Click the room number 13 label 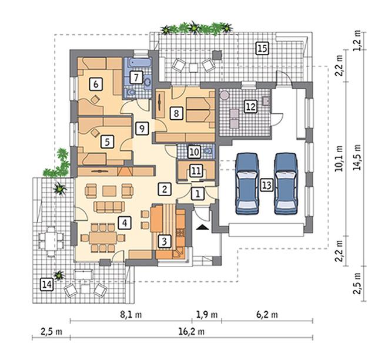pyautogui.click(x=266, y=185)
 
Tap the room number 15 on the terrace pyautogui.click(x=262, y=48)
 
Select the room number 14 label pyautogui.click(x=46, y=285)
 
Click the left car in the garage pyautogui.click(x=247, y=183)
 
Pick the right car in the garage pyautogui.click(x=286, y=183)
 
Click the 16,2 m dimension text pyautogui.click(x=191, y=331)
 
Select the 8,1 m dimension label pyautogui.click(x=131, y=315)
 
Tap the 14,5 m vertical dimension pyautogui.click(x=357, y=157)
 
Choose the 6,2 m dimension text pyautogui.click(x=267, y=315)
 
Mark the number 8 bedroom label pyautogui.click(x=176, y=113)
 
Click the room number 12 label pyautogui.click(x=250, y=107)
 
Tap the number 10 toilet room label pyautogui.click(x=194, y=152)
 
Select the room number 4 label pyautogui.click(x=125, y=223)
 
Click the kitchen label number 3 pyautogui.click(x=165, y=241)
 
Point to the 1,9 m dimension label pyautogui.click(x=207, y=315)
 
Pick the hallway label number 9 pyautogui.click(x=142, y=129)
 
